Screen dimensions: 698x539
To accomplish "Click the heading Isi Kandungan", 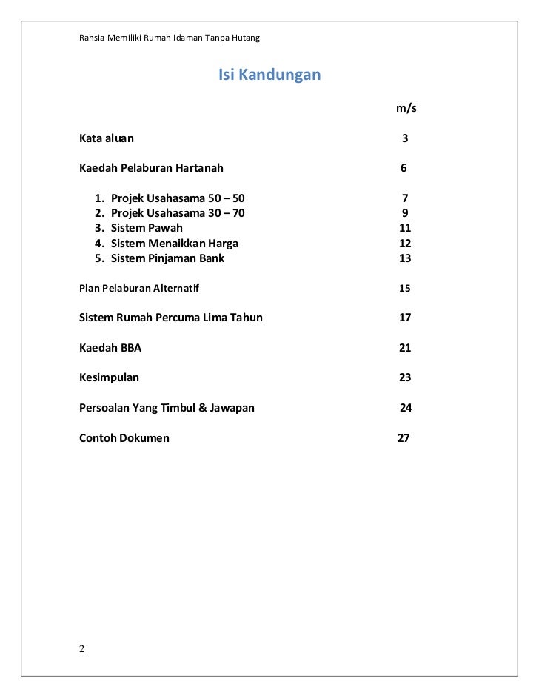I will pos(269,75).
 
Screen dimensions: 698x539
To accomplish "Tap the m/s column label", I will pos(406,108).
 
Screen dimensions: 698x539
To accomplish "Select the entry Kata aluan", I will pos(107,138).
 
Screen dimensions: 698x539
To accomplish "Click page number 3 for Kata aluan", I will pos(405,138).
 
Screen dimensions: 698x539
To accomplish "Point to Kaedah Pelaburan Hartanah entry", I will pos(151,168).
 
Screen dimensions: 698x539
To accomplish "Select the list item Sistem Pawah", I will pos(147,228).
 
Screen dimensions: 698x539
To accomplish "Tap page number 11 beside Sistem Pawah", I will pos(405,228).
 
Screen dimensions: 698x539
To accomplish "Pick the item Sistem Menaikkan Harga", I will pos(175,244).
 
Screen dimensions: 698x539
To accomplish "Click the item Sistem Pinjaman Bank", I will pos(167,258).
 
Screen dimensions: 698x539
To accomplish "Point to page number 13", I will pos(405,258).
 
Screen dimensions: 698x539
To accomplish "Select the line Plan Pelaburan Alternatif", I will pos(139,288).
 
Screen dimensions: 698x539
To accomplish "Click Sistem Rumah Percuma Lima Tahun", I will pos(170,318).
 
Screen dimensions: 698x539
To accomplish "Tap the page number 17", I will pos(405,318).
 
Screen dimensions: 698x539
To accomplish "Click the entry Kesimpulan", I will pos(109,377).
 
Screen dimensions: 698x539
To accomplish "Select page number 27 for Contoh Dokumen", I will pos(404,438).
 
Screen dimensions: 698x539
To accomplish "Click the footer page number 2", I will pos(82,650).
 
